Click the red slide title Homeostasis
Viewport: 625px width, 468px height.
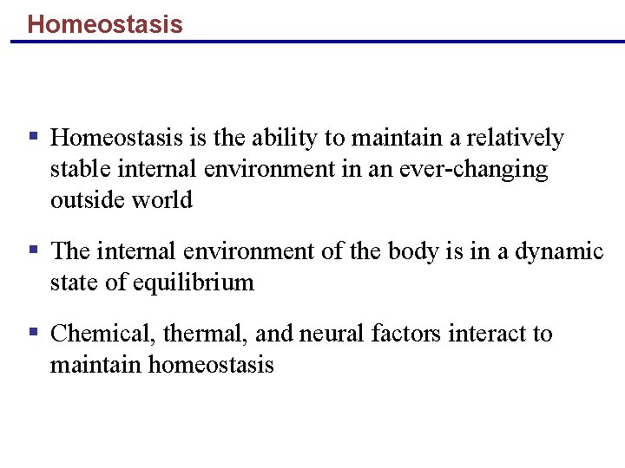tap(105, 23)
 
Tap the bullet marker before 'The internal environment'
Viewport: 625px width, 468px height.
tap(34, 250)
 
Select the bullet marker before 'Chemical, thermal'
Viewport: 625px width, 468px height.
tap(34, 333)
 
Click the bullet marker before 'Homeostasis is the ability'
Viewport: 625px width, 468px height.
tap(34, 136)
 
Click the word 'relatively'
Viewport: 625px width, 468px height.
tap(516, 139)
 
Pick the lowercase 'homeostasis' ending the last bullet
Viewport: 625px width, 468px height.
tap(211, 365)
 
